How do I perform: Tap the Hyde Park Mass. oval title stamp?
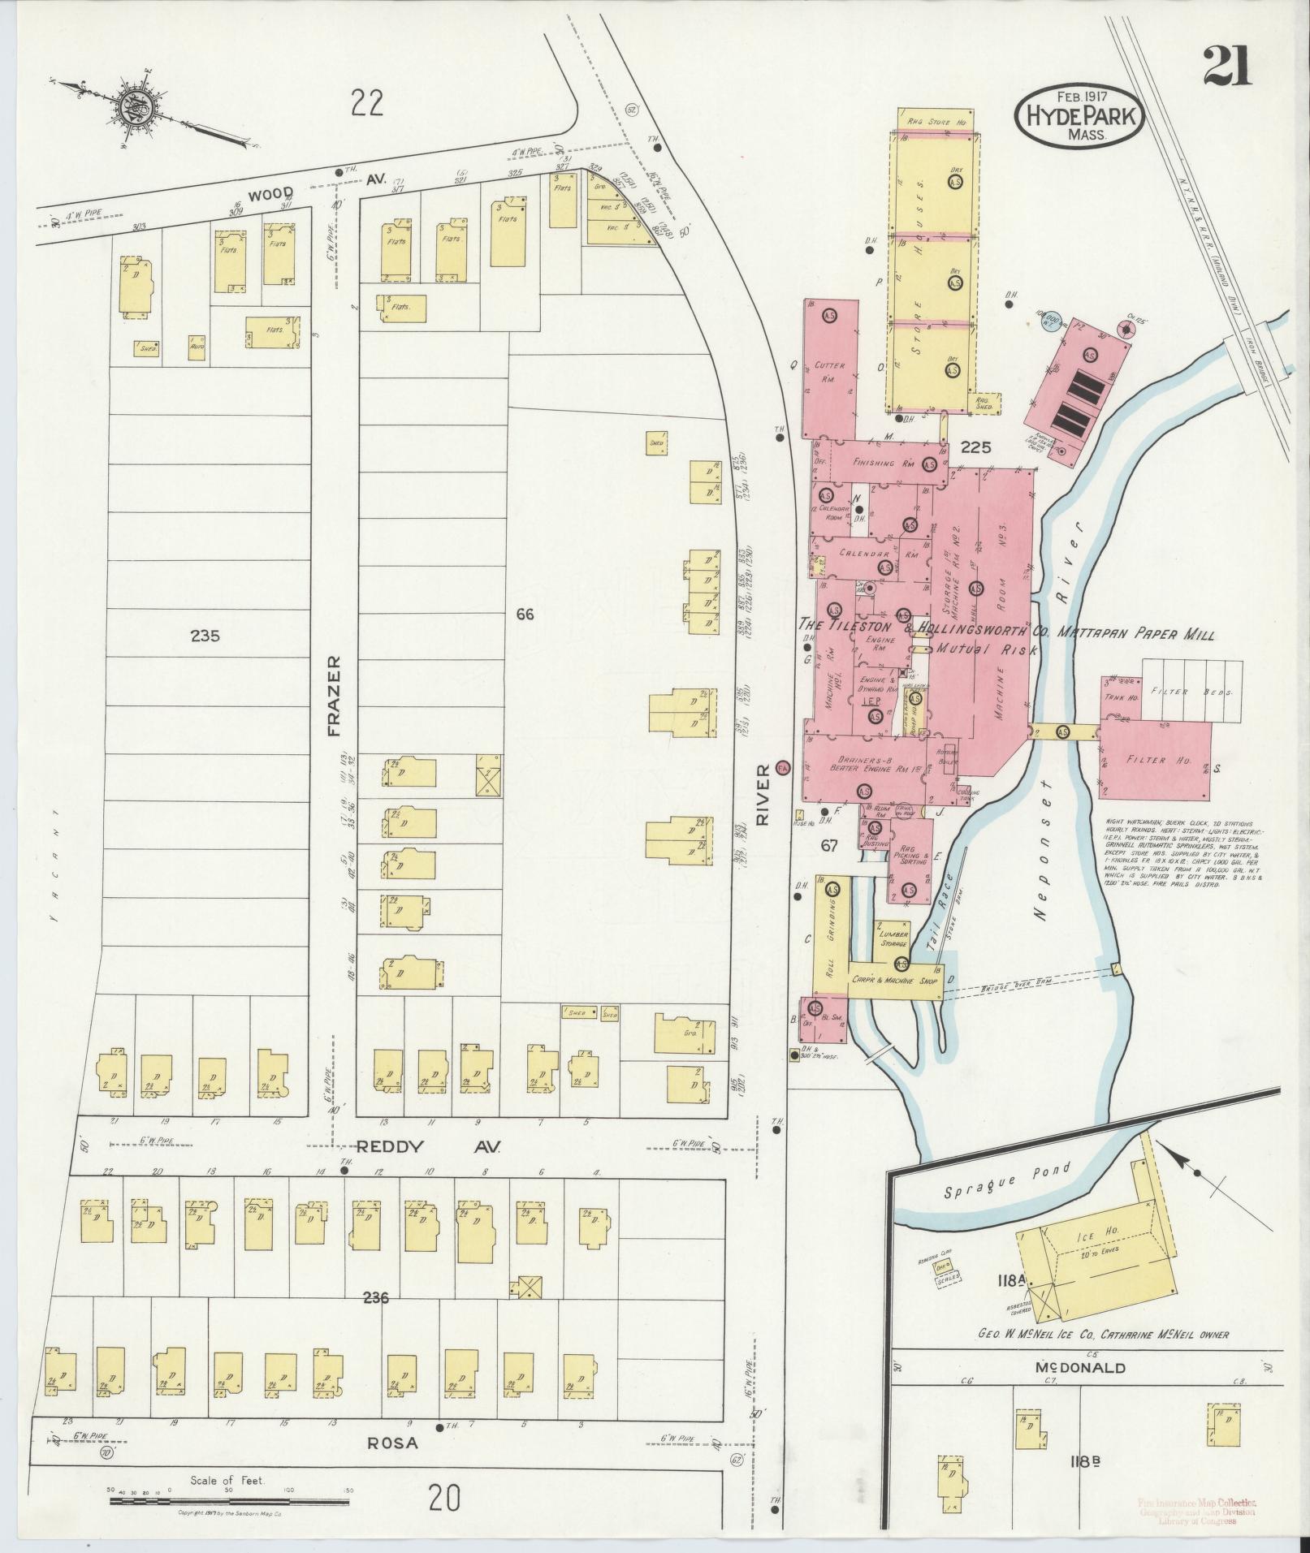(x=1080, y=115)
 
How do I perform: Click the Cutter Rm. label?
(x=829, y=372)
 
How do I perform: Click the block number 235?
(x=205, y=636)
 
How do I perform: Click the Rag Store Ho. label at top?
(x=935, y=121)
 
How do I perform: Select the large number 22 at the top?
(x=367, y=103)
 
